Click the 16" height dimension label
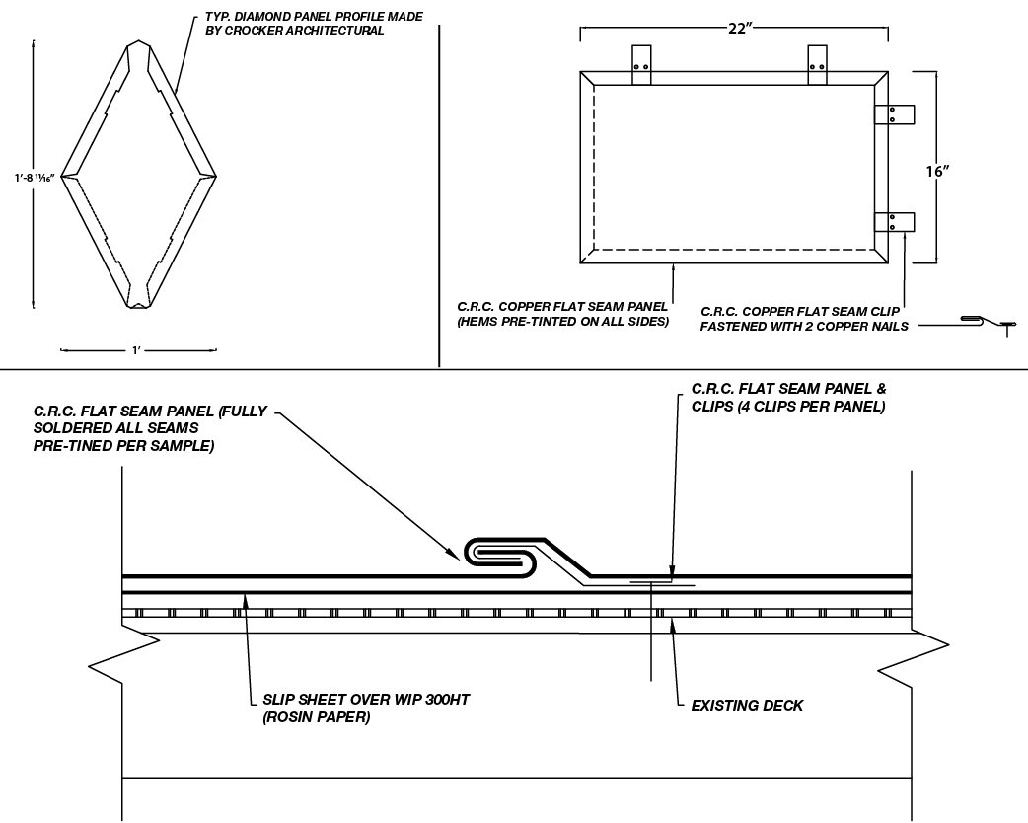coord(938,171)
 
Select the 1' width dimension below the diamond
coord(139,350)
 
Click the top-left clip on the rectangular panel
coord(641,65)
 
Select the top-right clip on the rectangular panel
coord(817,65)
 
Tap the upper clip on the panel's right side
coord(896,114)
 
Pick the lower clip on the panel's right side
coord(896,222)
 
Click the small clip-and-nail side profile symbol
coord(987,322)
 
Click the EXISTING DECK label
coord(747,705)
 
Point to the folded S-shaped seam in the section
coord(504,555)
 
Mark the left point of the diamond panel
coord(64,177)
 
